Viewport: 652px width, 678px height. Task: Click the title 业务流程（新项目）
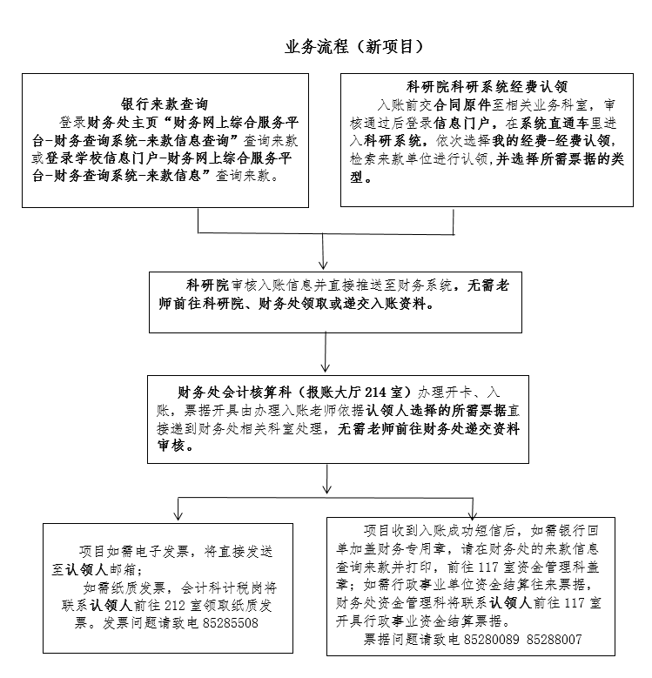pos(353,47)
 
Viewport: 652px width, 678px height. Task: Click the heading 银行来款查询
pos(165,104)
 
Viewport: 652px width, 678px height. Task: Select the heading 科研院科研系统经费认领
pos(487,87)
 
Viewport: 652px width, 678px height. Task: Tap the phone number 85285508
pos(230,623)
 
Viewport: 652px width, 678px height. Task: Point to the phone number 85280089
pos(491,640)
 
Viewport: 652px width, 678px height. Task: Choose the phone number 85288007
pos(555,640)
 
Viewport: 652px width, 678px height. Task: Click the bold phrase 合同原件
pos(462,105)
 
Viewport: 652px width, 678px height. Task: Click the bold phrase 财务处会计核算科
pos(234,393)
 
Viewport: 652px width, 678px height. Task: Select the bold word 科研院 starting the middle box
pos(207,285)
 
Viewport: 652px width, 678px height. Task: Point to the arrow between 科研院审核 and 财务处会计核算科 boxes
pos(326,352)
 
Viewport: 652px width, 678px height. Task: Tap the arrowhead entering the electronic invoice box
pos(178,515)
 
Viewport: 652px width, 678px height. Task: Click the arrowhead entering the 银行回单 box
pos(473,514)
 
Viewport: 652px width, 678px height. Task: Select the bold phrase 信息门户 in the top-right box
pos(461,124)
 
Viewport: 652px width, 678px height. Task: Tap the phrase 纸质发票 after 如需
pos(139,587)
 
